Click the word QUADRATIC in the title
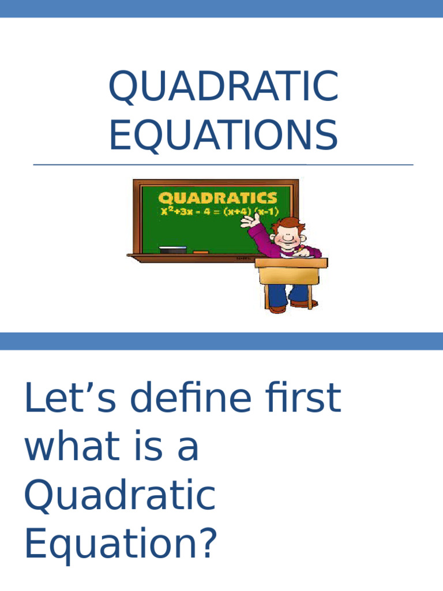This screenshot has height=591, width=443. click(x=223, y=87)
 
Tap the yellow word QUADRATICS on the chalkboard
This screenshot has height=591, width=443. click(x=217, y=198)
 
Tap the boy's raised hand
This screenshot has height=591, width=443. click(x=249, y=220)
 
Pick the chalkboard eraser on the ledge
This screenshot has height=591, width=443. click(x=172, y=250)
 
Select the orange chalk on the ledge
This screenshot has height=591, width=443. click(x=200, y=252)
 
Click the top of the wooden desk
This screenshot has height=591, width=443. click(x=291, y=263)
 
